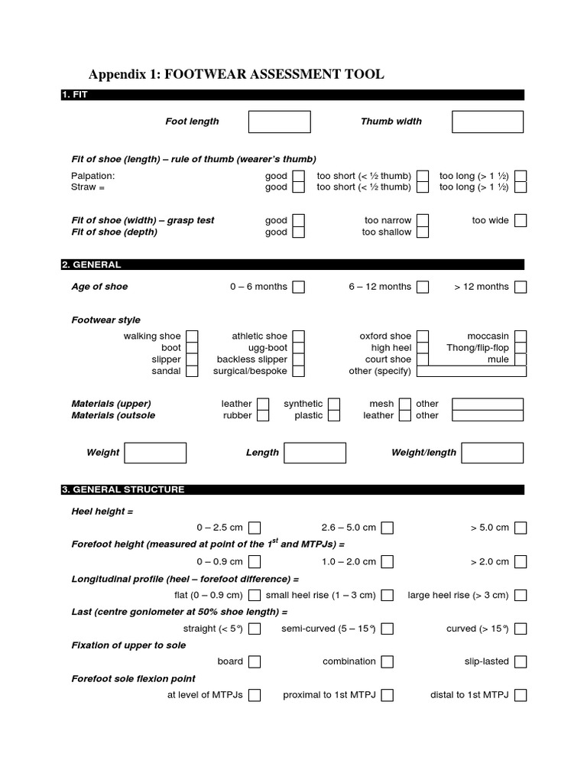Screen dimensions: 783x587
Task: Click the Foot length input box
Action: [x=279, y=122]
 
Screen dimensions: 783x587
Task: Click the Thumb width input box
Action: [x=488, y=122]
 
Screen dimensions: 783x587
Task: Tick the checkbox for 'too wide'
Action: [x=521, y=220]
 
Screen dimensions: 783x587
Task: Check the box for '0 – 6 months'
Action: [x=298, y=287]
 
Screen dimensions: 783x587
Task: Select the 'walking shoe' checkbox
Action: [x=192, y=336]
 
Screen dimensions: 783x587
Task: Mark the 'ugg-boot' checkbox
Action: [x=298, y=348]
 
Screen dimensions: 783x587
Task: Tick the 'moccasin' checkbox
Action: [x=521, y=336]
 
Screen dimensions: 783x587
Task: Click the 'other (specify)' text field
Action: [x=471, y=372]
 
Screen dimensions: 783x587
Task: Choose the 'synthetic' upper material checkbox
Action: [x=333, y=404]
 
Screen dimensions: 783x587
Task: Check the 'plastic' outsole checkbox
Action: [x=333, y=416]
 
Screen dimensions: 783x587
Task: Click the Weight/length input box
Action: [x=492, y=453]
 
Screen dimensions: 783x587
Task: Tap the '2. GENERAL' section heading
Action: [x=92, y=265]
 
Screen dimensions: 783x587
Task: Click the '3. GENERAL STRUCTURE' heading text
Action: [x=123, y=489]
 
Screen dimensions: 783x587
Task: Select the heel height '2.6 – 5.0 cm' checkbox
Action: [x=388, y=528]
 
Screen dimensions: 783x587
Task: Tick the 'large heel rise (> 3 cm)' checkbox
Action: [x=521, y=595]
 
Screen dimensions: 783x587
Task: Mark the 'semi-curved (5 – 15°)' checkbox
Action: [x=388, y=629]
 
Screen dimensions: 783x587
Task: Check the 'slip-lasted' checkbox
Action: [x=521, y=661]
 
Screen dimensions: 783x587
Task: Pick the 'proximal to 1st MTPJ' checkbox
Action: [x=388, y=695]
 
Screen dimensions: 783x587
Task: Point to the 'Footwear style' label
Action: [x=105, y=320]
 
